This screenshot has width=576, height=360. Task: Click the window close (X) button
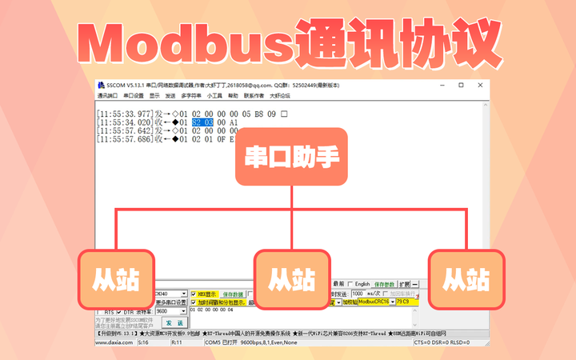pyautogui.click(x=481, y=84)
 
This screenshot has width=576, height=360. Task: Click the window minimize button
pyautogui.click(x=439, y=84)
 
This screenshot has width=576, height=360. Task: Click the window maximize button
pyautogui.click(x=460, y=84)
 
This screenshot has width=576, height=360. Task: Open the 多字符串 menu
pyautogui.click(x=191, y=95)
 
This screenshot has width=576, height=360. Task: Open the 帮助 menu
pyautogui.click(x=233, y=95)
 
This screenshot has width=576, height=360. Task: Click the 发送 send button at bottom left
pyautogui.click(x=174, y=322)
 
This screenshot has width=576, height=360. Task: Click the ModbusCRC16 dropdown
pyautogui.click(x=375, y=302)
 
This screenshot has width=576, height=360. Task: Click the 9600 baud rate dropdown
pyautogui.click(x=171, y=311)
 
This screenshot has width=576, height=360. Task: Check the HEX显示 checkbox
pyautogui.click(x=194, y=294)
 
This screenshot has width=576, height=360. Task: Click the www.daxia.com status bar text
pyautogui.click(x=112, y=342)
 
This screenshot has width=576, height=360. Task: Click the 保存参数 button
pyautogui.click(x=385, y=284)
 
